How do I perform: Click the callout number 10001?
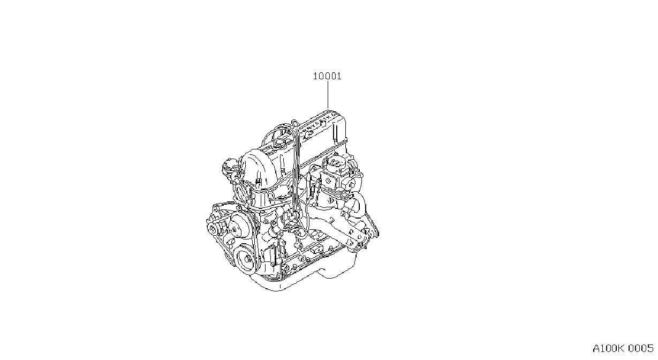(327, 77)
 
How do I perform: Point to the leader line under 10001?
(328, 95)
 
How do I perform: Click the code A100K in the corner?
(608, 349)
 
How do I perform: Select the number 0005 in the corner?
(641, 349)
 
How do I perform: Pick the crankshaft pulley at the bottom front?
(246, 259)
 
